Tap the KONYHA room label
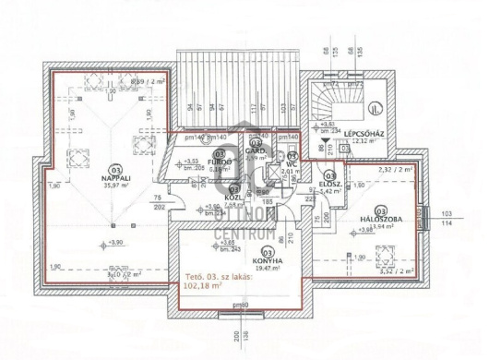pos(268,261)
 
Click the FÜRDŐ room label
pos(219,162)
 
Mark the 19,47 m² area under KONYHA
pos(268,270)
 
